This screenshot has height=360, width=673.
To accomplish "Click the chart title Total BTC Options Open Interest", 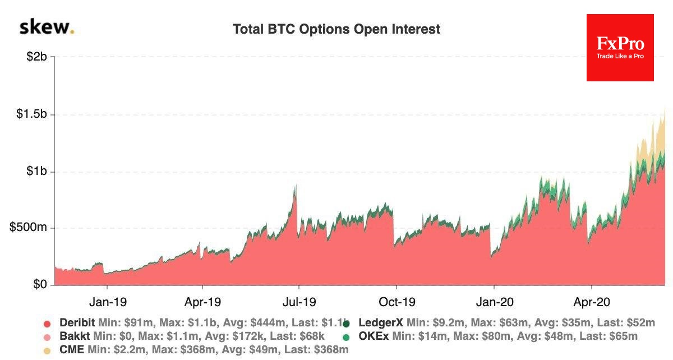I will (336, 29).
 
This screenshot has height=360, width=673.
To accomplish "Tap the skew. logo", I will (47, 27).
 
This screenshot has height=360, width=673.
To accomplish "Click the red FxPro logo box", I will (620, 48).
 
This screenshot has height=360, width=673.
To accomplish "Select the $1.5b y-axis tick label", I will (31, 114).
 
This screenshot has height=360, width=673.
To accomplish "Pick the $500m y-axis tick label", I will (29, 228).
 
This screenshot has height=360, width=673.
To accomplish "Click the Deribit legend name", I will (77, 323).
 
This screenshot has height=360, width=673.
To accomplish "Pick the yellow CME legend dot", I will (47, 350).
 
